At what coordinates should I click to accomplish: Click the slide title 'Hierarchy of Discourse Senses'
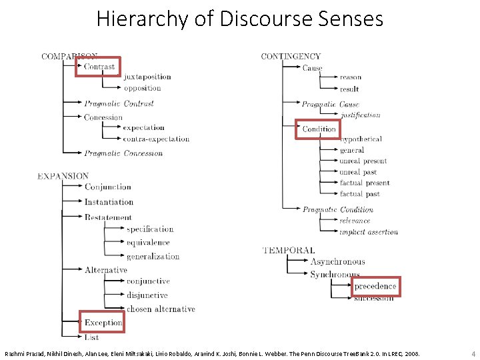click(x=240, y=18)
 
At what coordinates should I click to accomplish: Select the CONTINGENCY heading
click(x=291, y=57)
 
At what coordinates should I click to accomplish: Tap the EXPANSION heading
click(x=63, y=176)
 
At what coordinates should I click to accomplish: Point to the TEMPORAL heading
click(x=289, y=251)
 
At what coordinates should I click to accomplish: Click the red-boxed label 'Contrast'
click(x=99, y=67)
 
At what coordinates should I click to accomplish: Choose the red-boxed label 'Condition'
click(x=319, y=129)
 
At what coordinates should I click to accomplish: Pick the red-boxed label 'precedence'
click(x=375, y=286)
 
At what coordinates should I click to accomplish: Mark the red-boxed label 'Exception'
click(x=103, y=323)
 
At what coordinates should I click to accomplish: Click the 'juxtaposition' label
click(x=147, y=77)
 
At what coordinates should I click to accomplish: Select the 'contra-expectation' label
click(x=156, y=139)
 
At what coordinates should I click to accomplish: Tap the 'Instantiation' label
click(x=109, y=202)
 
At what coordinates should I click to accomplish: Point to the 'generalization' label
click(x=153, y=256)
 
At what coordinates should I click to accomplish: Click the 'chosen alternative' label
click(x=161, y=309)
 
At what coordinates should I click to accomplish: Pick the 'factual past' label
click(x=360, y=194)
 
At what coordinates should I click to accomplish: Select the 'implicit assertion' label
click(x=369, y=232)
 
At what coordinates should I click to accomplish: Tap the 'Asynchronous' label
click(x=337, y=262)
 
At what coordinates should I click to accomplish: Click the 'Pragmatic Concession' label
click(x=123, y=153)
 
